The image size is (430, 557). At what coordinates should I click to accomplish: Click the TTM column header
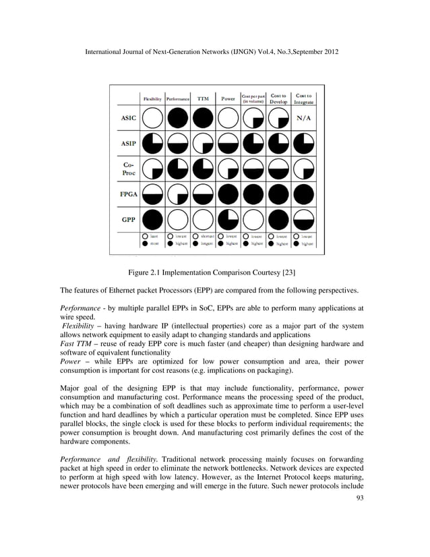[x=203, y=98]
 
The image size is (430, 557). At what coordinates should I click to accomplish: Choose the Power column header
[x=228, y=98]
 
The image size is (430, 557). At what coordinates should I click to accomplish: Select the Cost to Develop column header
[x=279, y=98]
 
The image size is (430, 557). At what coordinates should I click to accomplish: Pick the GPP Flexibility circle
[x=152, y=219]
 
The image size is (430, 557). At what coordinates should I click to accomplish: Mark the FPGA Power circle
[x=228, y=194]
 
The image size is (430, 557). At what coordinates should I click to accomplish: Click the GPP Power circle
[x=228, y=219]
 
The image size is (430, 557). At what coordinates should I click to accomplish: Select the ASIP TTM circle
[x=203, y=145]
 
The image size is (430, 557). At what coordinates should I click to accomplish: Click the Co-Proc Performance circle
[x=178, y=169]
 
